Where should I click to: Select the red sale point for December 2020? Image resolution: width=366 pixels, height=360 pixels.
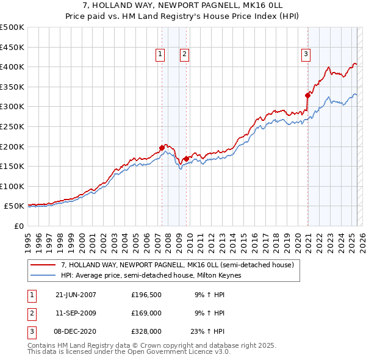(308, 95)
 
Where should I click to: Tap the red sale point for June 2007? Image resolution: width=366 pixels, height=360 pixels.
(162, 147)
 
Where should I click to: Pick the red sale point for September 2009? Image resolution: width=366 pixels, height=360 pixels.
(185, 159)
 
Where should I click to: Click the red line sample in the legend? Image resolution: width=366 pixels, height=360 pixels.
(44, 265)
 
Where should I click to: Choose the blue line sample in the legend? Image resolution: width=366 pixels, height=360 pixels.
(44, 275)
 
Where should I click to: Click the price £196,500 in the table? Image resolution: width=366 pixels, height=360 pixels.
(146, 295)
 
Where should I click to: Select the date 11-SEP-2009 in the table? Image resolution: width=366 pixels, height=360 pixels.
(76, 313)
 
